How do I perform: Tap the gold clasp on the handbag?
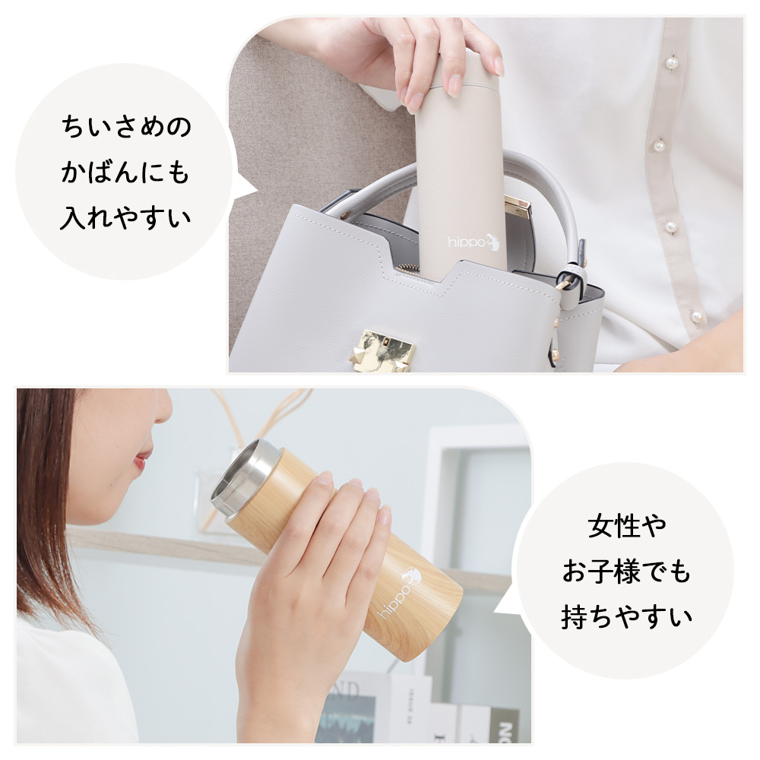382,351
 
